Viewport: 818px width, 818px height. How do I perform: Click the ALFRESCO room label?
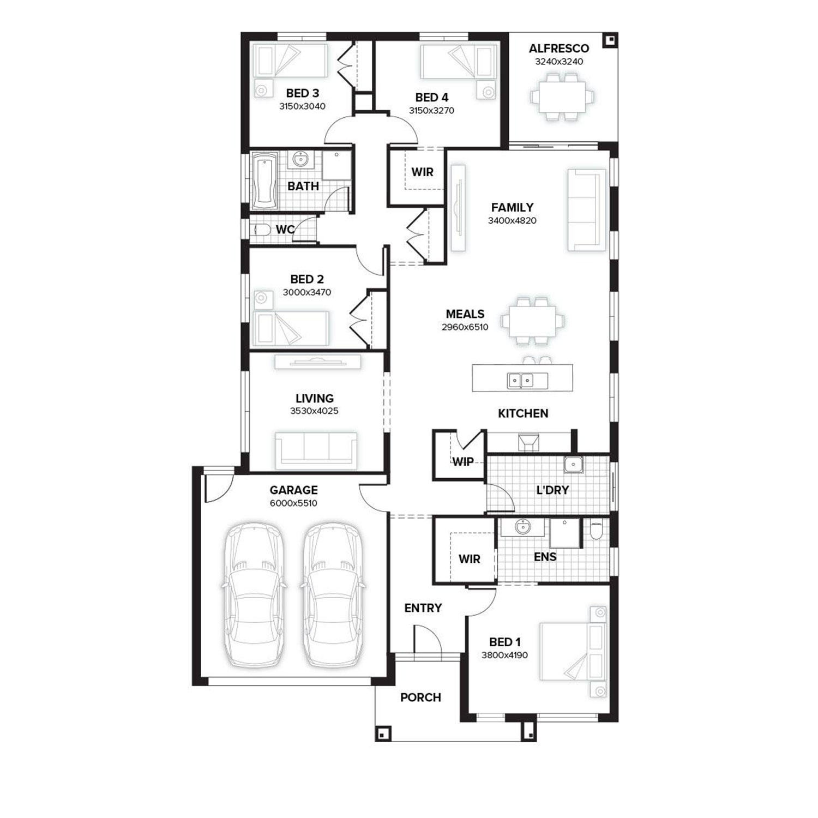559,49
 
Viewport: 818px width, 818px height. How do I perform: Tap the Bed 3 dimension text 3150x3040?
302,106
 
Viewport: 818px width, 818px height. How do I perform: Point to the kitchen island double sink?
520,380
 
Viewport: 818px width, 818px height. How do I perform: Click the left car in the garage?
254,594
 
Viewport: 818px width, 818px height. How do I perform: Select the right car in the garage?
331,594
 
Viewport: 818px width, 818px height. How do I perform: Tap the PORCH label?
420,697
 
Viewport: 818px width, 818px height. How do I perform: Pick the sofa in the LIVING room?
316,450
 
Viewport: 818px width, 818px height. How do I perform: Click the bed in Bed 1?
573,652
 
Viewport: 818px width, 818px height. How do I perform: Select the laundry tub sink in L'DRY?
574,465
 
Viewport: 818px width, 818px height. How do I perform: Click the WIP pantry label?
463,462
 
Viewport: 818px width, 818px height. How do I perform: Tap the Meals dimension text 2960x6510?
465,327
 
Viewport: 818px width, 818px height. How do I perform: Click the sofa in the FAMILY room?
587,210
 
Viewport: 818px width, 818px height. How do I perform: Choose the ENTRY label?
423,608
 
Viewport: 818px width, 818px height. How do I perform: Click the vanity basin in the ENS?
523,527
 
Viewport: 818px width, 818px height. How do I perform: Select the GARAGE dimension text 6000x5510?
293,503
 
